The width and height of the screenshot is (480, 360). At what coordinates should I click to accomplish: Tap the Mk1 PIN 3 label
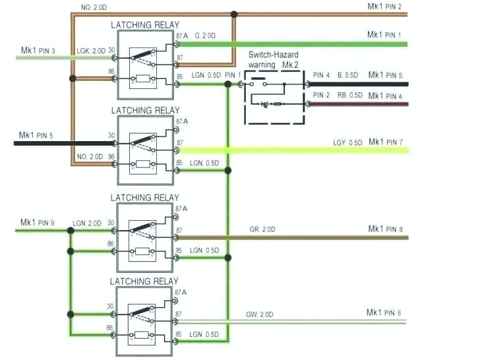pos(38,50)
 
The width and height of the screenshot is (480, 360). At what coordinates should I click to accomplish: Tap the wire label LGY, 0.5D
pos(347,143)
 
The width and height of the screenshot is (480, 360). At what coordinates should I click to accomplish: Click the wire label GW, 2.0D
pos(260,313)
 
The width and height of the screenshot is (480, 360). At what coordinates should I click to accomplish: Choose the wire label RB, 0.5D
pos(349,96)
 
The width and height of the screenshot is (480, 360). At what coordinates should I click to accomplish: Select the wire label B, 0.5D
pos(349,75)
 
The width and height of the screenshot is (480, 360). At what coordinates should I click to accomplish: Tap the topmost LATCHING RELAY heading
pos(144,25)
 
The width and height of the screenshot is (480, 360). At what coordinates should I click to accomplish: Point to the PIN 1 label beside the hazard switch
pos(233,75)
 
